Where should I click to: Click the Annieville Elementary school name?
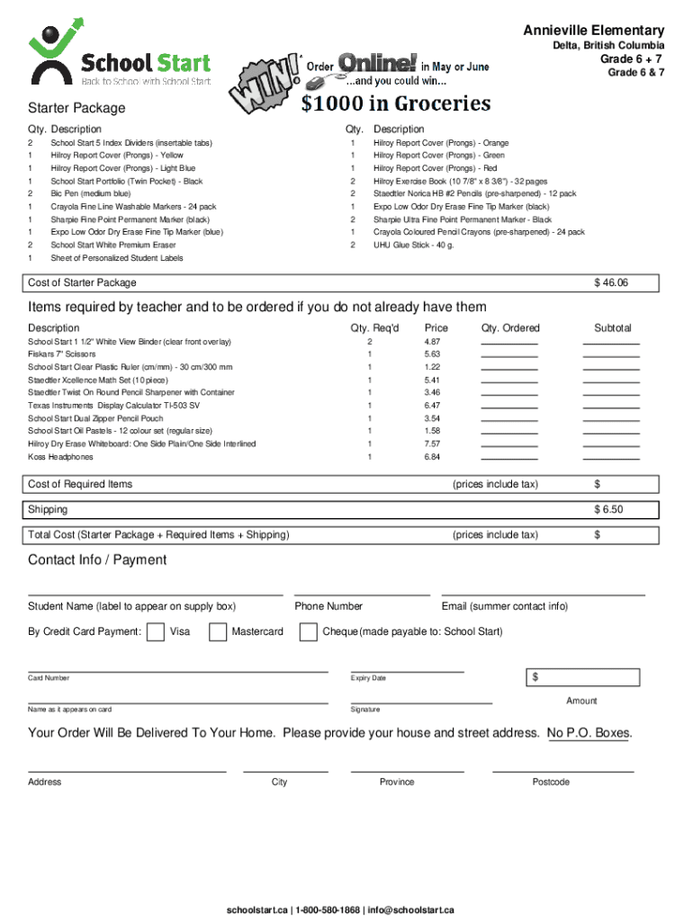pos(594,31)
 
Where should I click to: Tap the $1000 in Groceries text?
pos(396,103)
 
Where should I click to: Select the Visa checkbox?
pos(156,632)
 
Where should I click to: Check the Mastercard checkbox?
pos(218,632)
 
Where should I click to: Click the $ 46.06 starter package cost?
pos(611,283)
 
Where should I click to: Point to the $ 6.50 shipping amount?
pos(608,510)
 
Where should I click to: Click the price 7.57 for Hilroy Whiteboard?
pos(432,444)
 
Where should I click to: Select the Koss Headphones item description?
pos(60,457)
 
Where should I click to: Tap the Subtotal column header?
pos(612,328)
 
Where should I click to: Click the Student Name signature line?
pos(156,595)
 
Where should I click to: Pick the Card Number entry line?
pos(178,671)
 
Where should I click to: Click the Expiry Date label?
pos(368,678)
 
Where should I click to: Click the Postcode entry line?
pos(562,771)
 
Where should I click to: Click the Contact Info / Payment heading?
pos(97,560)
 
